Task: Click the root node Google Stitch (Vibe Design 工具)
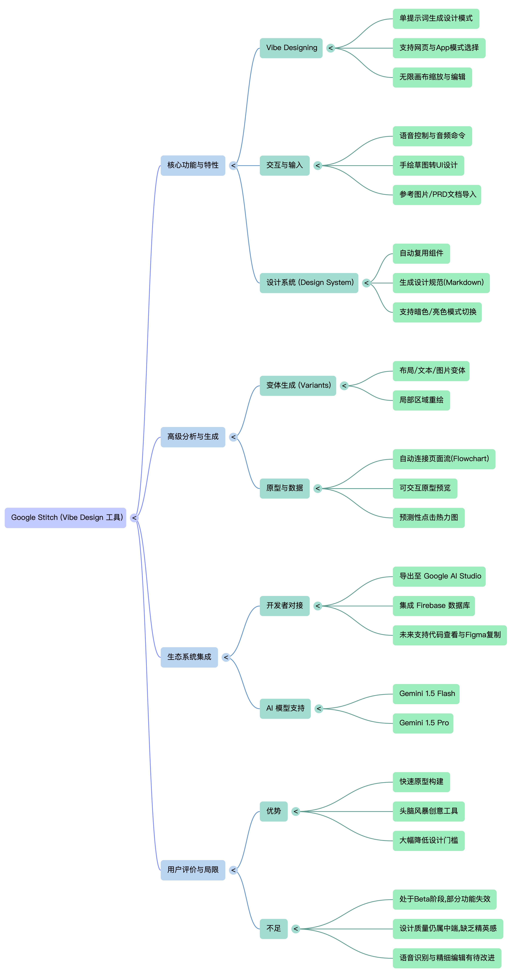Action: [65, 518]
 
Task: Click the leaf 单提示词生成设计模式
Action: [436, 19]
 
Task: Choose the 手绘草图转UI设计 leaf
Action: [428, 165]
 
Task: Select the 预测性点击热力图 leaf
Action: [428, 518]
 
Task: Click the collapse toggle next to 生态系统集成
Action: [226, 657]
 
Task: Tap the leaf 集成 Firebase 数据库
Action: [434, 606]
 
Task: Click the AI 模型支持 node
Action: [285, 709]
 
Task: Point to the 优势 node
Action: [273, 811]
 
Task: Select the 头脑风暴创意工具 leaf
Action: [428, 811]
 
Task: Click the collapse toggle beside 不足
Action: [296, 929]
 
